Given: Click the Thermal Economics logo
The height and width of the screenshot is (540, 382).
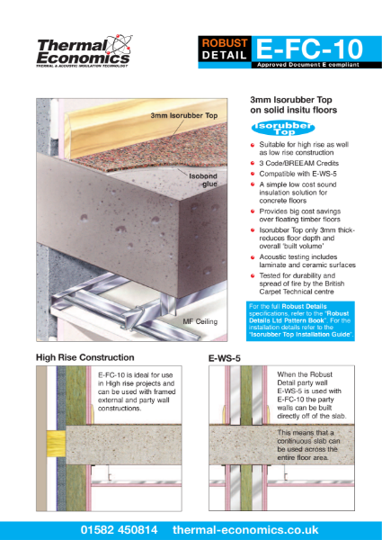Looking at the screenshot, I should pyautogui.click(x=84, y=51).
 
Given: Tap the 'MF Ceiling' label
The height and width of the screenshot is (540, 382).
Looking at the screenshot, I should pyautogui.click(x=200, y=319).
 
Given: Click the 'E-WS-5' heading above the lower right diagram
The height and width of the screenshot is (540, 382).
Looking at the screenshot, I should pyautogui.click(x=223, y=357).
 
